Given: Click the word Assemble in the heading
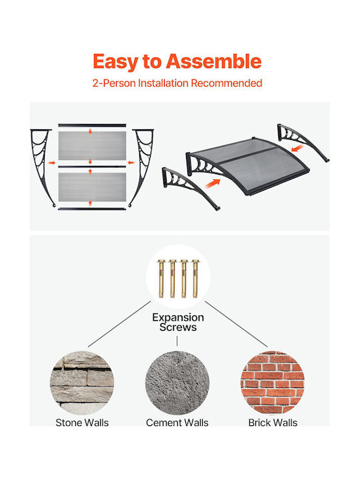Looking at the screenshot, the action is pyautogui.click(x=214, y=61).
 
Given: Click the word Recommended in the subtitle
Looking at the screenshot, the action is pyautogui.click(x=227, y=83).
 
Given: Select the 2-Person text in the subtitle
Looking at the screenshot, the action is pyautogui.click(x=114, y=83).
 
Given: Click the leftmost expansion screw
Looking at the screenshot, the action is pyautogui.click(x=161, y=279).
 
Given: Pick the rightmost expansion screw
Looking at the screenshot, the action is pyautogui.click(x=195, y=279).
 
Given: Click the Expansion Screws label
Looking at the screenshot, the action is pyautogui.click(x=178, y=322).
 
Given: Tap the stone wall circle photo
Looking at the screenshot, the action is pyautogui.click(x=82, y=383).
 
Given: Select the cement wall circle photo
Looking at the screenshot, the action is pyautogui.click(x=177, y=383).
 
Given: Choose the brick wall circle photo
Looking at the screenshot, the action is pyautogui.click(x=273, y=383).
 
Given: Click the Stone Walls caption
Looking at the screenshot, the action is pyautogui.click(x=82, y=423).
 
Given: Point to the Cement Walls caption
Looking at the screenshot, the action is pyautogui.click(x=177, y=423).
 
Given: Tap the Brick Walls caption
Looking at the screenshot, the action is pyautogui.click(x=273, y=423).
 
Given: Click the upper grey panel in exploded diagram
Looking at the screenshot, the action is pyautogui.click(x=92, y=146).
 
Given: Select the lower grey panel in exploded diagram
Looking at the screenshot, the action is pyautogui.click(x=92, y=187).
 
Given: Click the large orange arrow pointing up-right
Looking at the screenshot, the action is pyautogui.click(x=213, y=183).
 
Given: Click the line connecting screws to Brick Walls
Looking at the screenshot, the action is pyautogui.click(x=236, y=324).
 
